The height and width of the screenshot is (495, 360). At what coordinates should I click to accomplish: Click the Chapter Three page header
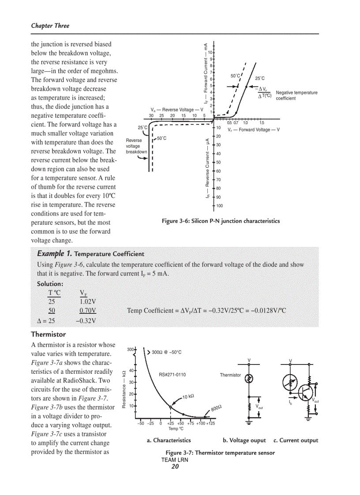(50, 26)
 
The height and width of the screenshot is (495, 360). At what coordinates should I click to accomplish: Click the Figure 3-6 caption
(221, 221)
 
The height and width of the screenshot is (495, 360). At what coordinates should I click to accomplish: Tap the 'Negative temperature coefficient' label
(296, 95)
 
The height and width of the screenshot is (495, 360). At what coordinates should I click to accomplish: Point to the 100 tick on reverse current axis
(219, 206)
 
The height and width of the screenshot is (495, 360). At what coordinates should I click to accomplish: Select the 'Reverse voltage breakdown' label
(136, 146)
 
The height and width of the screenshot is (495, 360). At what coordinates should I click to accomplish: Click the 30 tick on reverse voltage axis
(151, 115)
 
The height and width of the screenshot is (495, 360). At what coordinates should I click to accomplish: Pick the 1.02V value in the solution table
(88, 302)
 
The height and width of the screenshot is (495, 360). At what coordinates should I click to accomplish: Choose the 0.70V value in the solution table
(88, 311)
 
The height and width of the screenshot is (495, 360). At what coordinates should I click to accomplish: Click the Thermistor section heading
(48, 334)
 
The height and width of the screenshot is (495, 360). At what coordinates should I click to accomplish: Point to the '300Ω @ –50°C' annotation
(166, 352)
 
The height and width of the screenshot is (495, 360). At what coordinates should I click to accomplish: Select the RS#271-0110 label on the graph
(172, 375)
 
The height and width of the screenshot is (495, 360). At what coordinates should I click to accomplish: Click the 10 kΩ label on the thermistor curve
(188, 397)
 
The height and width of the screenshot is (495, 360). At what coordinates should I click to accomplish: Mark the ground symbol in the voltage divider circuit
(249, 424)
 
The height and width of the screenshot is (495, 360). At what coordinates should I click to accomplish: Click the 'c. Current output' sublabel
(296, 440)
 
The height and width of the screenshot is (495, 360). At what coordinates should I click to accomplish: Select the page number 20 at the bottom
(175, 467)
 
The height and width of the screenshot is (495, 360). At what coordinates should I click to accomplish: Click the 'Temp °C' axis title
(176, 428)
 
